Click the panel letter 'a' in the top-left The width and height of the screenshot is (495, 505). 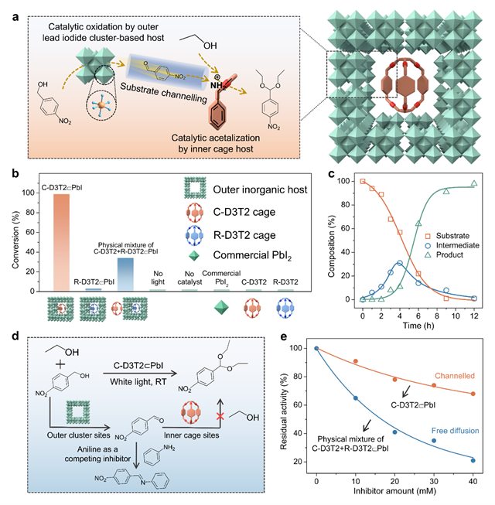pos(15,14)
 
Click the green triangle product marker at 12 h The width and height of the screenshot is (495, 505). pos(475,183)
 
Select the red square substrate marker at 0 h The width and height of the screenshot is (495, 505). pos(362,182)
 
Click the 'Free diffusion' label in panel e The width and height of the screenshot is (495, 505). pos(449,425)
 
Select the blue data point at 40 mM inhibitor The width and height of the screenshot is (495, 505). pos(473,461)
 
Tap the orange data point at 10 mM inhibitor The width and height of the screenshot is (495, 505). pos(356,361)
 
